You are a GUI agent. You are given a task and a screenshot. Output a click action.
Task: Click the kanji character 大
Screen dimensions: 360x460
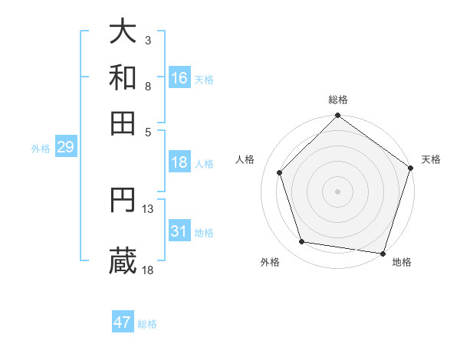tap(123, 32)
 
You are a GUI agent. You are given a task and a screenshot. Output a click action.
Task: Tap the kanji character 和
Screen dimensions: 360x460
tap(123, 77)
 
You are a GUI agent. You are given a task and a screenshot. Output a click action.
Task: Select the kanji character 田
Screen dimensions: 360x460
tap(123, 123)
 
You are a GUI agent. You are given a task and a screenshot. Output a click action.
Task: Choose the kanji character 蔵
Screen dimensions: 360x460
tap(123, 260)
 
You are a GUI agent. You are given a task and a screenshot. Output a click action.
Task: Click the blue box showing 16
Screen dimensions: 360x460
tap(179, 78)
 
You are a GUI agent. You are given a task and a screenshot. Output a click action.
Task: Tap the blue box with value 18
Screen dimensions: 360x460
tap(179, 162)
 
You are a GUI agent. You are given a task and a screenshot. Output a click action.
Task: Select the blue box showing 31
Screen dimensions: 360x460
tap(179, 231)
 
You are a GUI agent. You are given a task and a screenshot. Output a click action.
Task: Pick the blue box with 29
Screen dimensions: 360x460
tap(65, 147)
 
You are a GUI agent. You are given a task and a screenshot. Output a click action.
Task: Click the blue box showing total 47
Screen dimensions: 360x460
tap(123, 322)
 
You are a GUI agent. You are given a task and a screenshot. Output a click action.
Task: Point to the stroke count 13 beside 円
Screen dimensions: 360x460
tap(148, 208)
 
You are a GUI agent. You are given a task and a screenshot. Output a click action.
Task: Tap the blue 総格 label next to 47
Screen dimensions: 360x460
tap(147, 324)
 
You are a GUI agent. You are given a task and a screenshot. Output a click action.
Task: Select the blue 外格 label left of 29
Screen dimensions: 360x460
tap(40, 149)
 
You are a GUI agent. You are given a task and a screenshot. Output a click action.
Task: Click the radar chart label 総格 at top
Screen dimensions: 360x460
tap(337, 100)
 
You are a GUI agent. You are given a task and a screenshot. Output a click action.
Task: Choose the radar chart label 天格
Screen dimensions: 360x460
tap(431, 159)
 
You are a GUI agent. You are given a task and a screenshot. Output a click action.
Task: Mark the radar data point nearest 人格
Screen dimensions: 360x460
tap(280, 172)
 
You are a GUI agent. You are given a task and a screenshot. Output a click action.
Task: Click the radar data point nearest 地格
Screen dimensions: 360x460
tap(383, 253)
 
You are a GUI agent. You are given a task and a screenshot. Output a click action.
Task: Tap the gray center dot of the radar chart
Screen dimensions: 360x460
tap(337, 191)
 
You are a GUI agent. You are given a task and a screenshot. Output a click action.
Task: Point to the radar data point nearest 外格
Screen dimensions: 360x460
tap(302, 242)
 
